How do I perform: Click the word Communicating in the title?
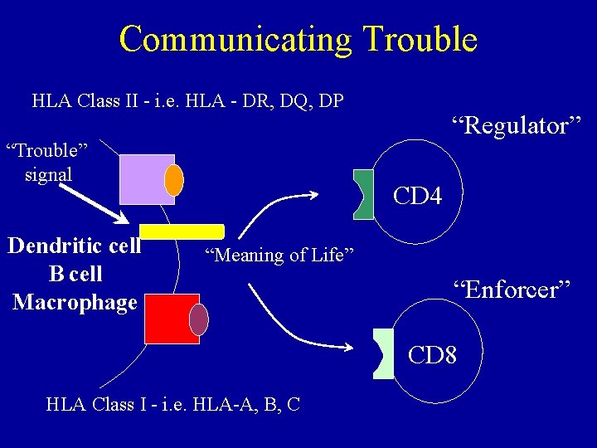[235, 39]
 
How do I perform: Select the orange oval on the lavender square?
[174, 180]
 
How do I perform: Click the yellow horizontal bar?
[182, 231]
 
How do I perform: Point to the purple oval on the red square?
[199, 319]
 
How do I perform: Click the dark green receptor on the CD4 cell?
[363, 195]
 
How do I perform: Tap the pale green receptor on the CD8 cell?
[383, 353]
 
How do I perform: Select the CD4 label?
[417, 197]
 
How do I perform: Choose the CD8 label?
[432, 355]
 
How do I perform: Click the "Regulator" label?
[517, 126]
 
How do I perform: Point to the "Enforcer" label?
[512, 290]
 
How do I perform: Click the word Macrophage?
[75, 302]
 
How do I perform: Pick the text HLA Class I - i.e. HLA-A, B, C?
[173, 404]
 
